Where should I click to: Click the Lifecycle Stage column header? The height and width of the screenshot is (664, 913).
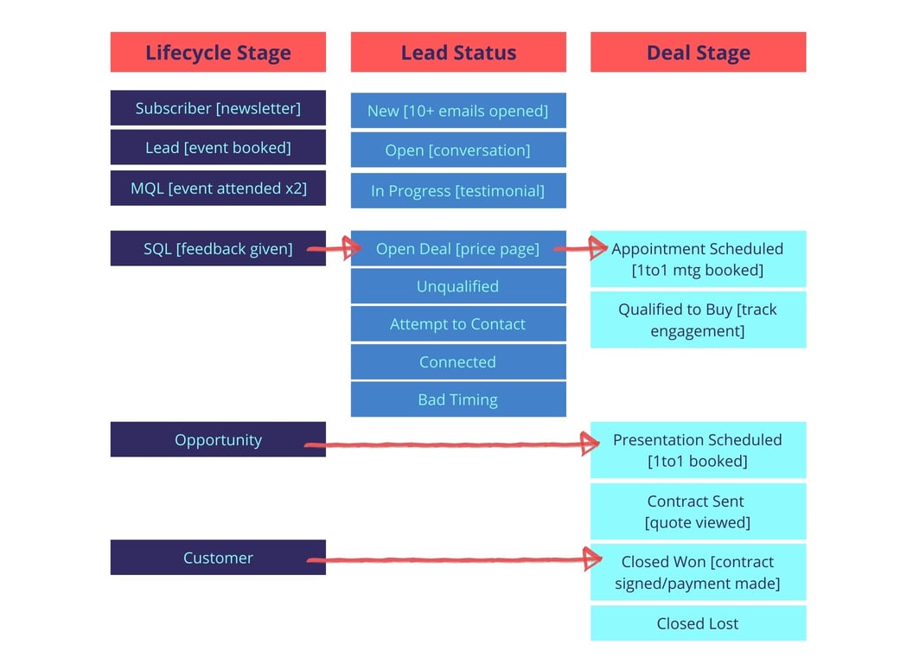pos(218,52)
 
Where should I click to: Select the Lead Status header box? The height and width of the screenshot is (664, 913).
pos(458,52)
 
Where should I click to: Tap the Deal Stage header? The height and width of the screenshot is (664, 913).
pos(698,52)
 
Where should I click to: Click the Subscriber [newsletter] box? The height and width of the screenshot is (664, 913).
pos(218,108)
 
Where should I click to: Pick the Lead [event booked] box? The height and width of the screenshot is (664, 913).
pos(218,147)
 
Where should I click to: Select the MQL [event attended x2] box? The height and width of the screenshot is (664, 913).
pos(218,188)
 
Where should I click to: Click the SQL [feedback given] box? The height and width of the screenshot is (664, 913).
pos(218,248)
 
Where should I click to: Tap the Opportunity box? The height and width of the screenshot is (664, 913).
pos(218,439)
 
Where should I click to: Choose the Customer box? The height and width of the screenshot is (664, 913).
pos(218,558)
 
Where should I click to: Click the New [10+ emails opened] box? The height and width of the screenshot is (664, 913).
pos(458,111)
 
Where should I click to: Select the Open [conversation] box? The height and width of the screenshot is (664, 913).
pos(458,150)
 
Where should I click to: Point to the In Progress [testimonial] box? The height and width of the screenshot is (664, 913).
pos(458,190)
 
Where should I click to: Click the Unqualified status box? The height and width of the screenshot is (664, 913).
pos(458,286)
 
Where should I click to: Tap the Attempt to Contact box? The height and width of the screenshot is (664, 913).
pos(458,324)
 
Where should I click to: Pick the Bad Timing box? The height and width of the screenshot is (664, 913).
pos(458,399)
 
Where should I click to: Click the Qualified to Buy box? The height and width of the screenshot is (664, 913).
pos(698,320)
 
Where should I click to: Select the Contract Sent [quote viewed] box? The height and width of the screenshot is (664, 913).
pos(698,511)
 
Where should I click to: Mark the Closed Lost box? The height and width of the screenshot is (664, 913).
pos(698,623)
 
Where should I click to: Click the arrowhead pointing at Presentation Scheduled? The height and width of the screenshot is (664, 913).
pos(591,444)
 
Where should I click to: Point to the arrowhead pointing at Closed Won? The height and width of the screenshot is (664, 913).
pos(593,559)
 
